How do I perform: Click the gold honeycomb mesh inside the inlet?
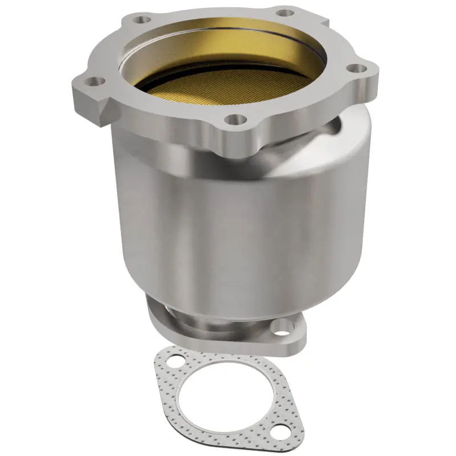228,85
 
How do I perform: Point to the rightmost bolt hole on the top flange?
356,68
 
